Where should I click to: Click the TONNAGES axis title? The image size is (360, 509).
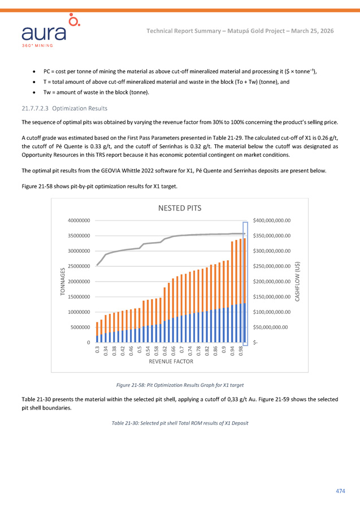pyautogui.click(x=63, y=281)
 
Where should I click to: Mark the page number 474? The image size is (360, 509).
pyautogui.click(x=340, y=490)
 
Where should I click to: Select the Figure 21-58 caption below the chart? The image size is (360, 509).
pyautogui.click(x=180, y=385)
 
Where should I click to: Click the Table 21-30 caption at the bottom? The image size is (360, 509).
pyautogui.click(x=180, y=423)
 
